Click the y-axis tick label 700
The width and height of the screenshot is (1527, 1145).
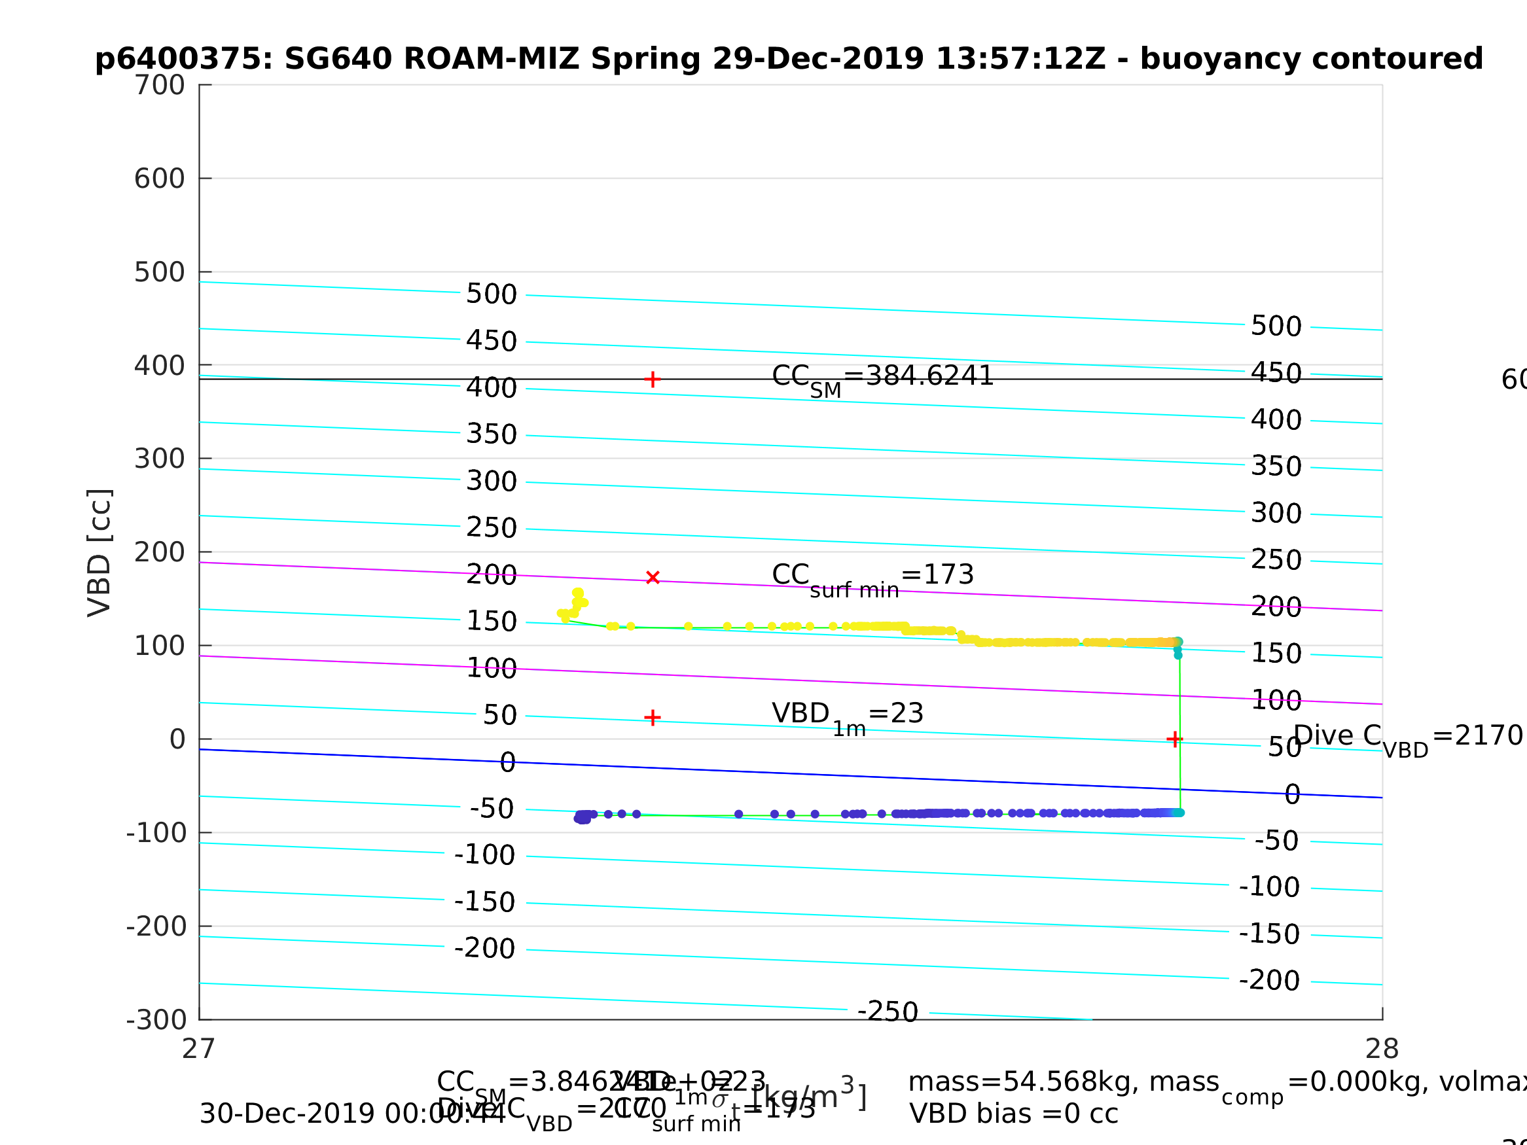[x=160, y=86]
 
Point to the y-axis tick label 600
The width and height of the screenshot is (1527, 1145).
[x=160, y=179]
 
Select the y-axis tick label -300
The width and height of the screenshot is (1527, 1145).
[x=156, y=1020]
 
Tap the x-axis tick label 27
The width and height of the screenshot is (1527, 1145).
[x=199, y=1049]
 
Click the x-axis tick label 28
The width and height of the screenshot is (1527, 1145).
[x=1382, y=1049]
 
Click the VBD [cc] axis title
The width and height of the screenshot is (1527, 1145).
[x=100, y=552]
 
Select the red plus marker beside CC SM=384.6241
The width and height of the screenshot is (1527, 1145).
[x=653, y=379]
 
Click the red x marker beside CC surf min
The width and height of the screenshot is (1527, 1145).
[x=653, y=578]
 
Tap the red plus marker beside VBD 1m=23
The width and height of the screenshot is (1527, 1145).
[x=653, y=718]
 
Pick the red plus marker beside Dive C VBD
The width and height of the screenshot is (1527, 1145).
[x=1174, y=740]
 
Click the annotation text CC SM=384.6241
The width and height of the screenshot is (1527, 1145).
[x=882, y=378]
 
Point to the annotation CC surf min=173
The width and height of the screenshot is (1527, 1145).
[x=872, y=576]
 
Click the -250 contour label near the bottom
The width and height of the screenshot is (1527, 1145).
[x=888, y=1012]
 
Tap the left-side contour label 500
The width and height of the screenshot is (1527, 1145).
[x=492, y=294]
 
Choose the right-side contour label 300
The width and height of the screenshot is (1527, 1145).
[x=1276, y=514]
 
